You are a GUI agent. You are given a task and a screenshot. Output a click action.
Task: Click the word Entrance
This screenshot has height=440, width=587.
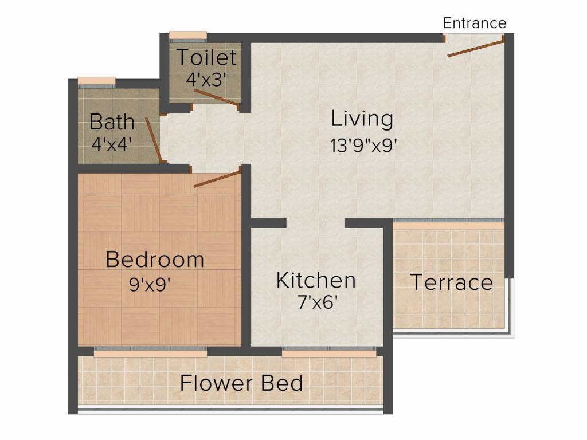pyautogui.click(x=475, y=23)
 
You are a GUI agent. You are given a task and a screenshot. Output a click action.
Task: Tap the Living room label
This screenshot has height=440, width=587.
pyautogui.click(x=362, y=119)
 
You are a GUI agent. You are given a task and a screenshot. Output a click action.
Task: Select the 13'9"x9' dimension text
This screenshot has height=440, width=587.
pyautogui.click(x=363, y=145)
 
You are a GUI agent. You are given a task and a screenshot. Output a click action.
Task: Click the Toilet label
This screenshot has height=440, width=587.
pyautogui.click(x=206, y=57)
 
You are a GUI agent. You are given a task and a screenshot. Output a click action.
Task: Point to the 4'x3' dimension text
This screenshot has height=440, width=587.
pyautogui.click(x=206, y=79)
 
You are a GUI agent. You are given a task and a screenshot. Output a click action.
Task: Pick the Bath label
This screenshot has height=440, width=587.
pyautogui.click(x=112, y=121)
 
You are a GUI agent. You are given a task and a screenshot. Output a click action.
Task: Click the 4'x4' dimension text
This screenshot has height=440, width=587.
pyautogui.click(x=112, y=144)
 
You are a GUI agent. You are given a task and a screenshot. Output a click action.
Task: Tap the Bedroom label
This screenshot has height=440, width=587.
pyautogui.click(x=155, y=260)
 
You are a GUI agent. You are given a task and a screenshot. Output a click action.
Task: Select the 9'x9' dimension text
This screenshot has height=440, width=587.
pyautogui.click(x=150, y=285)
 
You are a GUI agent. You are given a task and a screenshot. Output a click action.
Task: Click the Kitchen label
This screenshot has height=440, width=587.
pyautogui.click(x=316, y=280)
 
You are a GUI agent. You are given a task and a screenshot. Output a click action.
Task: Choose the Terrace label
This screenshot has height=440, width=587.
pyautogui.click(x=452, y=282)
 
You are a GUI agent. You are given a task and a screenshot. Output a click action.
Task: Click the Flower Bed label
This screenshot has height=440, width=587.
pyautogui.click(x=241, y=383)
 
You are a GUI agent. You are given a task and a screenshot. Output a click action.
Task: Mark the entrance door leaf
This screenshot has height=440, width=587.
pyautogui.click(x=476, y=47)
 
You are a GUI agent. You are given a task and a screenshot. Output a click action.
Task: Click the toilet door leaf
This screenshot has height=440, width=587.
pyautogui.click(x=216, y=99)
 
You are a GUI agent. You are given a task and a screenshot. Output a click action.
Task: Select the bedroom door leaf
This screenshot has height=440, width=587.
pyautogui.click(x=217, y=178)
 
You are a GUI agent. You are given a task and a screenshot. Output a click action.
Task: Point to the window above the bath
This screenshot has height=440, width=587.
pyautogui.click(x=96, y=82)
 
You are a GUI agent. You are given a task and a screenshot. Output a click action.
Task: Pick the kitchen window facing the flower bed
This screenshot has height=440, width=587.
pyautogui.click(x=329, y=352)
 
